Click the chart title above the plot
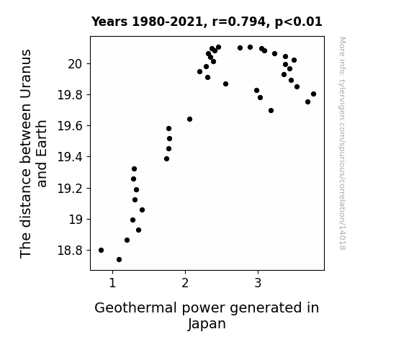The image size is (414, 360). (x=207, y=22)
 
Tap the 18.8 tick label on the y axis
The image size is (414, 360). (x=70, y=251)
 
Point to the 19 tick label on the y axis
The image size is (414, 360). (x=76, y=220)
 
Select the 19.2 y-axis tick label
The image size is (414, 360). (x=70, y=189)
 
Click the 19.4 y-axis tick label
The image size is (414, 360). (x=70, y=157)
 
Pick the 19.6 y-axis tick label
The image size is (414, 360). (x=70, y=126)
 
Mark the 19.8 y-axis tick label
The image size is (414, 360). (x=70, y=95)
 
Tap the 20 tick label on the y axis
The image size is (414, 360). (x=76, y=64)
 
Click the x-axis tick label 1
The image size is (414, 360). (x=112, y=283)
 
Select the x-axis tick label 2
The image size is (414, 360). (x=185, y=283)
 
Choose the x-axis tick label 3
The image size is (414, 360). (x=258, y=283)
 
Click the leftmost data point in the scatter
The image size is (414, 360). (x=101, y=250)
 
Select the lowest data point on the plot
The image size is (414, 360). (x=119, y=260)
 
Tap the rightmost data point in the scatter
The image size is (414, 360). (x=313, y=94)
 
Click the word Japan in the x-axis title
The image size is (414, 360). (x=207, y=324)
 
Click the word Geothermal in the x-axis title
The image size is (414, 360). (x=135, y=308)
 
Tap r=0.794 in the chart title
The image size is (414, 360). (x=239, y=22)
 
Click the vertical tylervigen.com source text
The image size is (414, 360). (x=343, y=144)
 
